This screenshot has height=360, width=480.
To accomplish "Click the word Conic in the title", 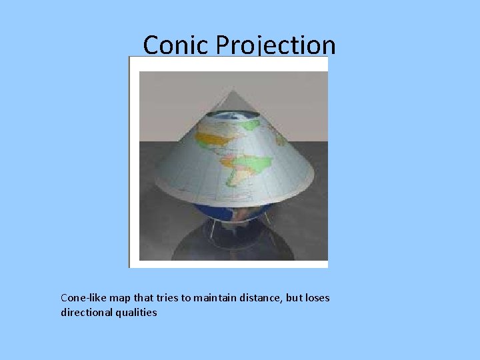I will [169, 45].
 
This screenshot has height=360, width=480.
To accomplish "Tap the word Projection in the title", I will [273, 45].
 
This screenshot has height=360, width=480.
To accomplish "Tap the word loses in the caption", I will [317, 298].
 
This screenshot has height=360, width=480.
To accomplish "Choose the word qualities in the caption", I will [137, 312].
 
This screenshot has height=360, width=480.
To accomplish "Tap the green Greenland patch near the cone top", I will [251, 125].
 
